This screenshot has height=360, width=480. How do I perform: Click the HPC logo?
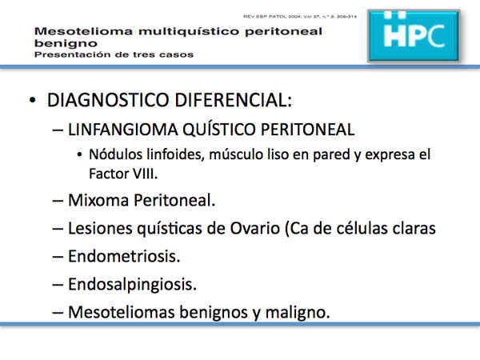pos(414,36)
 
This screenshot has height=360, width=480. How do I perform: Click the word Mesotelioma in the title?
pos(83,31)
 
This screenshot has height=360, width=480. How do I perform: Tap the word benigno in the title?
pos(66,43)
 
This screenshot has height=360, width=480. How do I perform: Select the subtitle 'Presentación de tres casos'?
pos(114,54)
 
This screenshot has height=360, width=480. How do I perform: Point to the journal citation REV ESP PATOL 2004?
pos(300,17)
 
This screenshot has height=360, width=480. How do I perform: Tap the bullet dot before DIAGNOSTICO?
pos(32,101)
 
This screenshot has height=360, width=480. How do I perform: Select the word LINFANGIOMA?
pos(122,129)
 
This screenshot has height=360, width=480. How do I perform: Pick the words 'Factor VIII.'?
pos(123,174)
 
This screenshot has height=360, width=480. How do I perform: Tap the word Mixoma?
pos(98,200)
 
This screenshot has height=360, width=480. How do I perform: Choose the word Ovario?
pos(254,228)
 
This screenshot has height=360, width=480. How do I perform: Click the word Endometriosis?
pos(124,256)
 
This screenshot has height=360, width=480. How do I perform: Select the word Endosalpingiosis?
pos(132,285)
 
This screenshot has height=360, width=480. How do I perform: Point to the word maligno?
pos(298,313)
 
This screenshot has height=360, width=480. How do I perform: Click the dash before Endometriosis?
pos(58,257)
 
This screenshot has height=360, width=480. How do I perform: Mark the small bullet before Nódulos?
pos(79,155)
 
